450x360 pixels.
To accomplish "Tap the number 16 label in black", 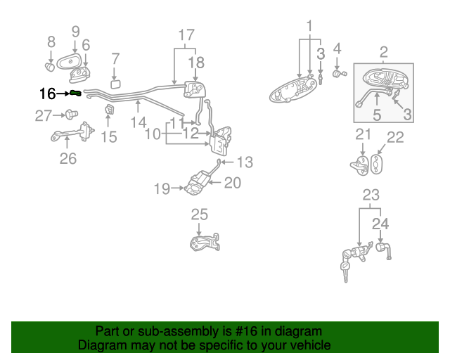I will tap(47, 93).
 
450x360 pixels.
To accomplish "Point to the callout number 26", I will tap(67, 159).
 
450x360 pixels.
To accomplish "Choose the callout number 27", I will tap(44, 116).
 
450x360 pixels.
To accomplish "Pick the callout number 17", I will tap(186, 34).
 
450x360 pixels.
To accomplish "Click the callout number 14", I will tap(139, 122).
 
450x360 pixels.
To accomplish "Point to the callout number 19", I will tap(162, 188).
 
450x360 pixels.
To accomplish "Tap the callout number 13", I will tap(244, 162).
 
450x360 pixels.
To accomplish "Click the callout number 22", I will tap(396, 137).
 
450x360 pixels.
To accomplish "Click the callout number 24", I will tap(380, 224).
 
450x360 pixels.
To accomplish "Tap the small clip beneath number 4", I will tap(339, 72).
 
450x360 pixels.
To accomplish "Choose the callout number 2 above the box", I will tap(384, 51).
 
